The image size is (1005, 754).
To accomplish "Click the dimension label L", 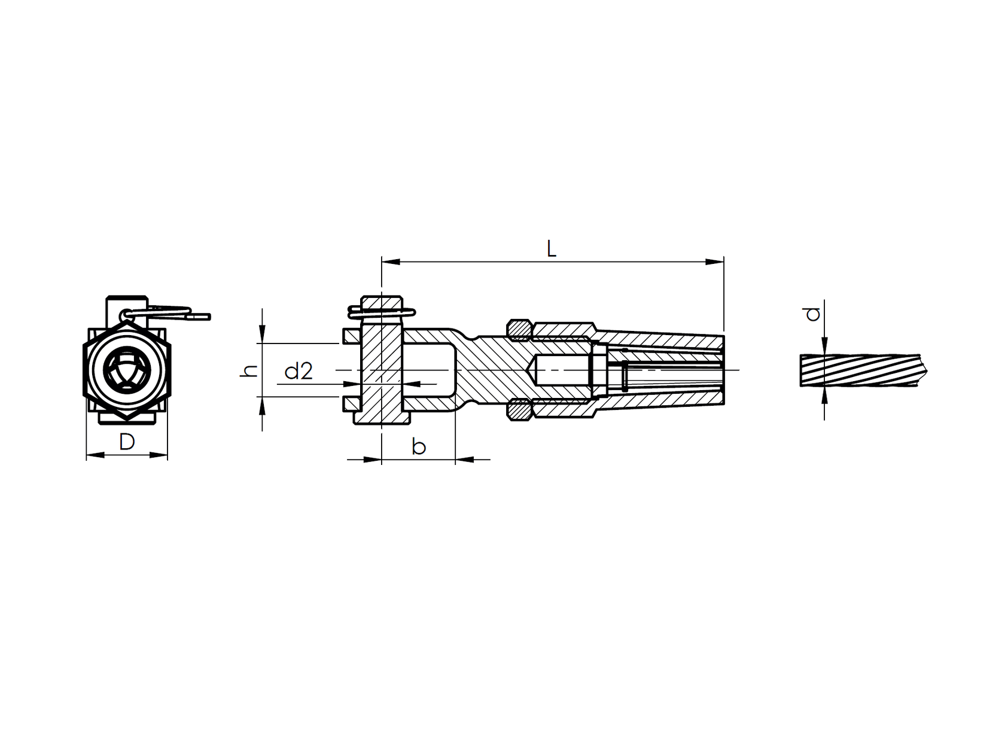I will [552, 249].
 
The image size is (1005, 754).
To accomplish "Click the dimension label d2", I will [299, 372].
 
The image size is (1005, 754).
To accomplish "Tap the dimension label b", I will [419, 446].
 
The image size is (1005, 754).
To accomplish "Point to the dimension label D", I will [127, 442].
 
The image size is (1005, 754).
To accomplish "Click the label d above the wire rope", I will [812, 314].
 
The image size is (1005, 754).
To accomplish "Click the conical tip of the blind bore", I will [532, 370].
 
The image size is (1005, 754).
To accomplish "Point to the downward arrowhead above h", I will [262, 335].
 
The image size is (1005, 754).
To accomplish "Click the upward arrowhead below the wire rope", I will [824, 395].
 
